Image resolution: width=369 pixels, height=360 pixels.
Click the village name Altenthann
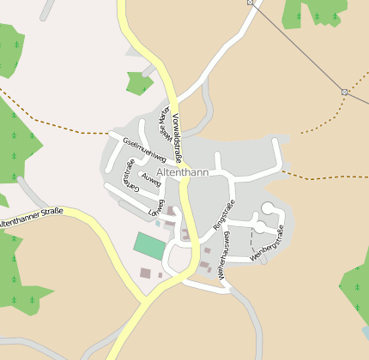tap(183, 172)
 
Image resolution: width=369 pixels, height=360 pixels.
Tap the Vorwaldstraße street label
tap(178, 137)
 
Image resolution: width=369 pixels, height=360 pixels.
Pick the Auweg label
tap(151, 179)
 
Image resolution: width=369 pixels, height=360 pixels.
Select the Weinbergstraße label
tap(267, 243)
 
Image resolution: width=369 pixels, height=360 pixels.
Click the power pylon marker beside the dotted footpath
tap(344, 92)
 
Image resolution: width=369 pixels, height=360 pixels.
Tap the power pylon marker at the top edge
tap(251, 3)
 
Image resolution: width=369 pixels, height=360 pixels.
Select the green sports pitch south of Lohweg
tap(149, 245)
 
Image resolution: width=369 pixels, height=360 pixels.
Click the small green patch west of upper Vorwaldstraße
tap(138, 82)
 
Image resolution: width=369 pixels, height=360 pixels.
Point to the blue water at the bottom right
tap(365, 331)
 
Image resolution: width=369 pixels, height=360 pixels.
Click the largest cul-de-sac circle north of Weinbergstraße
tap(269, 207)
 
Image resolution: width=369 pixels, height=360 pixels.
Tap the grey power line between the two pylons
tap(296, 46)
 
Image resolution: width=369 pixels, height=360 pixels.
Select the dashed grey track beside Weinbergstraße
tap(252, 241)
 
